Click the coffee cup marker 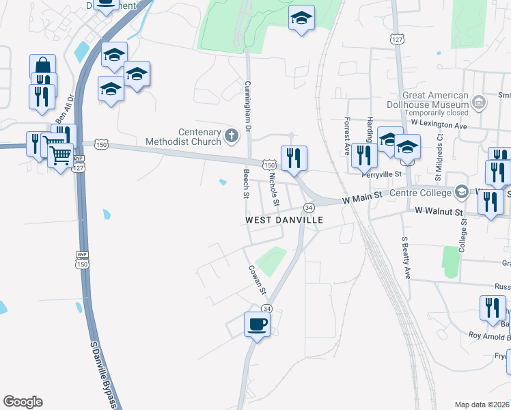point(257,324)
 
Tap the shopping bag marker point(42,67)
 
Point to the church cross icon point(232,137)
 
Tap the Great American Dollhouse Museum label point(435,100)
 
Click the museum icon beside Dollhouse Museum point(478,103)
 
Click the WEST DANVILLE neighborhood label point(284,220)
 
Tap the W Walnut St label point(439,212)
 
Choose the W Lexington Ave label point(439,125)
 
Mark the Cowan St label point(257,280)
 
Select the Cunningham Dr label point(248,109)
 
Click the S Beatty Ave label point(405,258)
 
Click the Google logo point(23,402)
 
